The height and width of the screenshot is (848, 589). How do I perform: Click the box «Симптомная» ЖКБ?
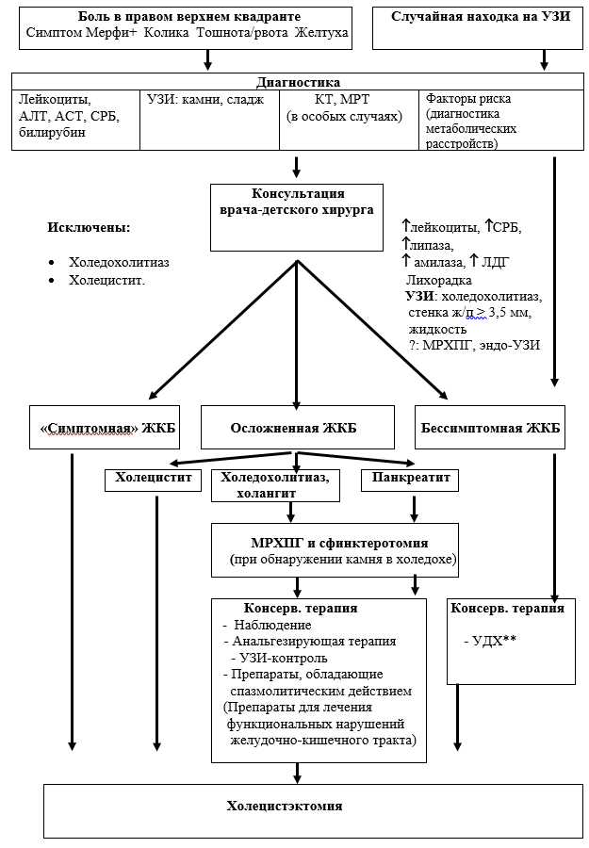105,427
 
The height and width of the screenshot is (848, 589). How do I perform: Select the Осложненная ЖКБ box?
298,427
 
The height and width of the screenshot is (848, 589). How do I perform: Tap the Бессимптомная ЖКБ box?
490,427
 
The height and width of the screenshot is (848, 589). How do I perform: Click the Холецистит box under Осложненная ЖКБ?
154,480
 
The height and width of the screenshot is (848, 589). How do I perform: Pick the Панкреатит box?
410,480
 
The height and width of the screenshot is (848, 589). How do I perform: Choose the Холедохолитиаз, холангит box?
276,485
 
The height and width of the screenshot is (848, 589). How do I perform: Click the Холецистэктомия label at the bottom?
285,806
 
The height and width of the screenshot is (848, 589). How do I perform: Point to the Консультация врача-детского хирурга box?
297,218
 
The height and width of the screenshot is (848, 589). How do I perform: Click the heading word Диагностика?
298,82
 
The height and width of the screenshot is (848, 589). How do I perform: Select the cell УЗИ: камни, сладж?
210,120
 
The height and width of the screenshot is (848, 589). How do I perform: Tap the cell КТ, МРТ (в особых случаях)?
350,120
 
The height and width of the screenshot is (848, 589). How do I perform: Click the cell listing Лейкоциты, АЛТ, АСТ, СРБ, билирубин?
75,120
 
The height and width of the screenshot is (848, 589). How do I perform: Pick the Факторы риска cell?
501,120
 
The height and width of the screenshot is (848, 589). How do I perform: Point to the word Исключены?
89,227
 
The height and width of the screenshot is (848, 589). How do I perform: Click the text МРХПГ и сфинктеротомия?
339,543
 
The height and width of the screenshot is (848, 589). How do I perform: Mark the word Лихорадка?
438,280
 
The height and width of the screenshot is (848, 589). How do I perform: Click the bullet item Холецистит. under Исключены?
107,280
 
